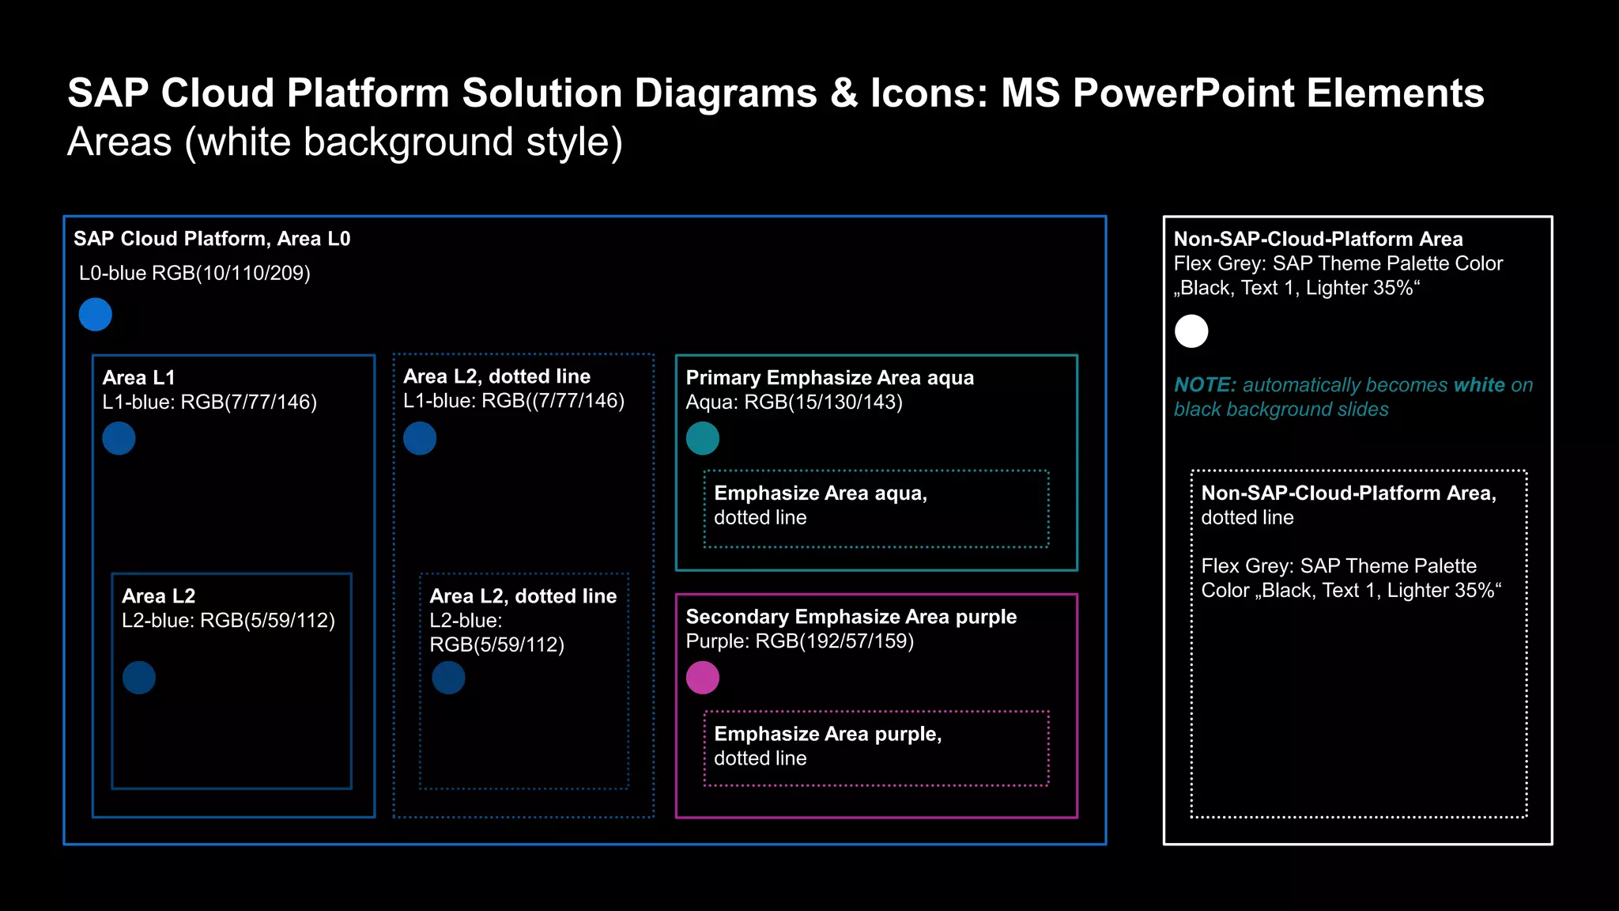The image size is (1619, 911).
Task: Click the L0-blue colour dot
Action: tap(96, 315)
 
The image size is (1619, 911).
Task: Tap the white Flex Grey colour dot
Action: tap(1191, 331)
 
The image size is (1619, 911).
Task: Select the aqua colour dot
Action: tap(703, 438)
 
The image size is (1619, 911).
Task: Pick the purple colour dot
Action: tap(703, 678)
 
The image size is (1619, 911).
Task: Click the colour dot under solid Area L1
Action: tap(119, 438)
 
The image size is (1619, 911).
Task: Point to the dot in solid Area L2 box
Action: tap(139, 678)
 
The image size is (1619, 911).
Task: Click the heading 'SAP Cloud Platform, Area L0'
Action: tap(212, 239)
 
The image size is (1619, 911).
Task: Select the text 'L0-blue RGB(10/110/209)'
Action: tap(194, 274)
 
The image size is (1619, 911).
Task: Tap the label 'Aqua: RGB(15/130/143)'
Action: tap(794, 403)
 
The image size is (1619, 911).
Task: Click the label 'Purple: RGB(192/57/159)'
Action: tap(799, 641)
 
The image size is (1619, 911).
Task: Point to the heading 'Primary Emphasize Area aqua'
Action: tap(829, 378)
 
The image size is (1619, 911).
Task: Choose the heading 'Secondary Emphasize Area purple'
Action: tap(851, 617)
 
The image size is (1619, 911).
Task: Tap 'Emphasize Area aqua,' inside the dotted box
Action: tap(821, 493)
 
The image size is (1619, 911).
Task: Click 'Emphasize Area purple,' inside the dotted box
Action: tap(828, 734)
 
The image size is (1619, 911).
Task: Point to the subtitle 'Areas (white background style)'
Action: tap(345, 142)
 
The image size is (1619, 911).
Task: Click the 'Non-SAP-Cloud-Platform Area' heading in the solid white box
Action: tap(1318, 239)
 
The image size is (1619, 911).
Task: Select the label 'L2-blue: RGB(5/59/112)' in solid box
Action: tap(228, 621)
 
